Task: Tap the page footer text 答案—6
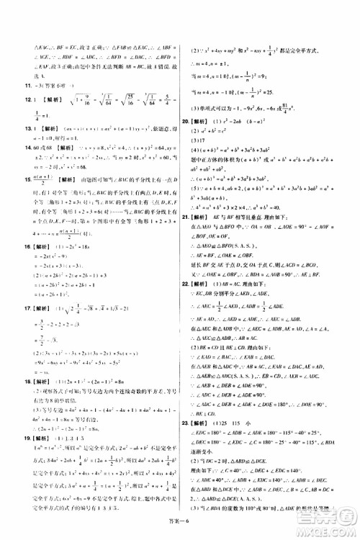[x=180, y=529]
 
